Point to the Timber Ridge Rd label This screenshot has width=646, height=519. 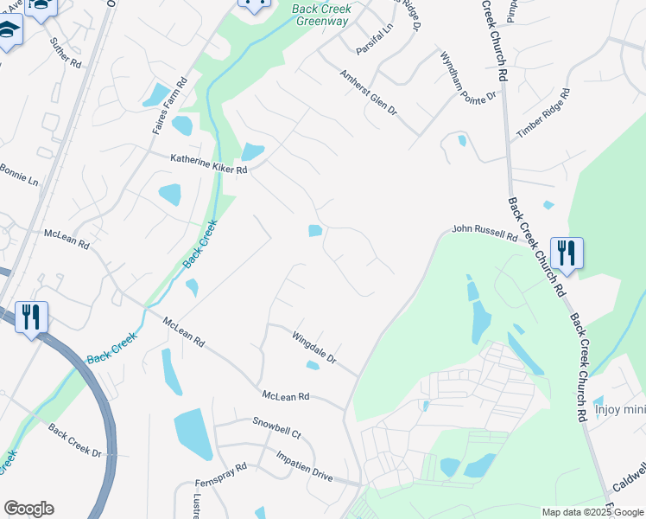tap(543, 112)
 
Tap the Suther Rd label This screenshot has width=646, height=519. tap(65, 53)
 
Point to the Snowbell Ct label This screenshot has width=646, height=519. tap(276, 427)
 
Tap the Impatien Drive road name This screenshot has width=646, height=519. tap(304, 466)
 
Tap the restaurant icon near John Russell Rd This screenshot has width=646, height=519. tap(567, 253)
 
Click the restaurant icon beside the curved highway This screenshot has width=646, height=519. tap(31, 317)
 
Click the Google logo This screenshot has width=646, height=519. tap(28, 509)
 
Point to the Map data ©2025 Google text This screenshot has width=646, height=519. tap(592, 512)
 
